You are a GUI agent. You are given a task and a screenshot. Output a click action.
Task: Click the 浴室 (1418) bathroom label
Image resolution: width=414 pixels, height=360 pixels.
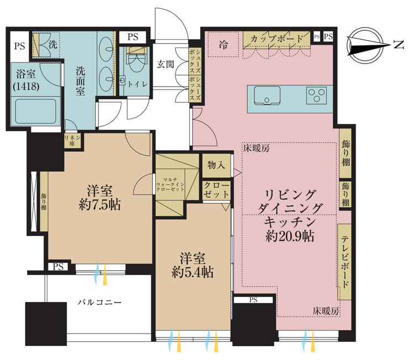[26, 80]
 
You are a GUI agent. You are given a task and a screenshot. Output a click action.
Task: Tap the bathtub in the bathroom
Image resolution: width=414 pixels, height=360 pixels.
[36, 110]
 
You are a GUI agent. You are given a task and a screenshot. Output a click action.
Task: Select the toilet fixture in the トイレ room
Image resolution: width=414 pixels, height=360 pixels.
[135, 61]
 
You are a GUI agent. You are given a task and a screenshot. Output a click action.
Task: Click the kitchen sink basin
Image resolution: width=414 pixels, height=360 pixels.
[267, 96]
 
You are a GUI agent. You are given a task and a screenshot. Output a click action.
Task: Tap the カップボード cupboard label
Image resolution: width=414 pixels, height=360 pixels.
[277, 39]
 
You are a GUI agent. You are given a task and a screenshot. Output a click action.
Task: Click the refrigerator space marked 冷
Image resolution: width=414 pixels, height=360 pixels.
[224, 44]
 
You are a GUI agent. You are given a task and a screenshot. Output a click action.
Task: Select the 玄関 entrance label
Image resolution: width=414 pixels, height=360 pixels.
[166, 64]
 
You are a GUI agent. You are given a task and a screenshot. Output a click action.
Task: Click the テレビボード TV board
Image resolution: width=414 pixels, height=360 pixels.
[344, 262]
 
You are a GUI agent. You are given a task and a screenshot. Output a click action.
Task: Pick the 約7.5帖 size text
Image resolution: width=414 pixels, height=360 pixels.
[100, 205]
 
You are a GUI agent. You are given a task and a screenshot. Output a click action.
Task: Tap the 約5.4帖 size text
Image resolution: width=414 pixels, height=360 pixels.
[193, 272]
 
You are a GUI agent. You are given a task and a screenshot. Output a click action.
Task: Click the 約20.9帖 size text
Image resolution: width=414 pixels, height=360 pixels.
[290, 236]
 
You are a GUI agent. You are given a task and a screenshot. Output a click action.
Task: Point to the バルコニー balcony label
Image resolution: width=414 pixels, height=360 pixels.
[99, 302]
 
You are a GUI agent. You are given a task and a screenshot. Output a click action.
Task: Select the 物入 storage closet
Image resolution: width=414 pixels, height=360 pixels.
[216, 166]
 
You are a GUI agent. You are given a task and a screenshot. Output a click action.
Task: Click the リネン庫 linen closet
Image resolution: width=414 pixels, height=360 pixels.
[72, 140]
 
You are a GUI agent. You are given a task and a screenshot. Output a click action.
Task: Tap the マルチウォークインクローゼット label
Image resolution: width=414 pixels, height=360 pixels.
[170, 184]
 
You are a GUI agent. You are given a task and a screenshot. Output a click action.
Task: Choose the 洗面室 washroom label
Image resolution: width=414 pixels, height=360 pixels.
[81, 81]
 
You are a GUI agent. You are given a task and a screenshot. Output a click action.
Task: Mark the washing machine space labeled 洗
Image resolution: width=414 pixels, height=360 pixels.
[53, 45]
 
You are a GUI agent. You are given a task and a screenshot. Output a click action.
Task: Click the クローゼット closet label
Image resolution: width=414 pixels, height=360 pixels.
[216, 190]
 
